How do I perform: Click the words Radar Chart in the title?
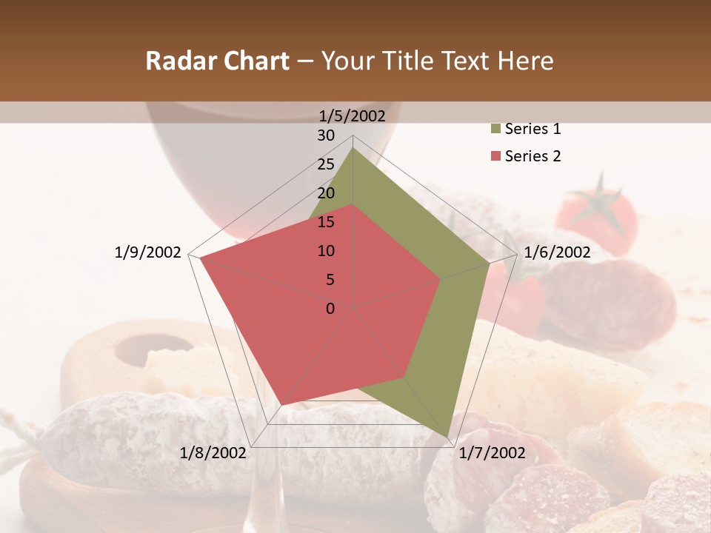coord(217,61)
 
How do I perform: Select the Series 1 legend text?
coord(533,129)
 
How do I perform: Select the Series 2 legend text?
coord(533,156)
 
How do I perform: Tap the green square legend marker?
coord(495,130)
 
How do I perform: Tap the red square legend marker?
coord(495,156)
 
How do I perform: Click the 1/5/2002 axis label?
coord(353,115)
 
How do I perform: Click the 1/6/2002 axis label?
coord(557,252)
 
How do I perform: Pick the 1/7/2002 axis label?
coord(492,453)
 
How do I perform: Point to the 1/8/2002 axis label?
coord(213,453)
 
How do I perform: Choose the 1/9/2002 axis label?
coord(148,252)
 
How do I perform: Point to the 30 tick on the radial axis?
coord(326,135)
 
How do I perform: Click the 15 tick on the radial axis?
coord(326,222)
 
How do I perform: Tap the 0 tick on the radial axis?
coord(330,309)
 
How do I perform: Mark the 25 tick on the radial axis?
coord(326,164)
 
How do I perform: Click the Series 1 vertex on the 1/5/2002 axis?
coord(353,148)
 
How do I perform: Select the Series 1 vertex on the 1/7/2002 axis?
coord(447,438)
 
